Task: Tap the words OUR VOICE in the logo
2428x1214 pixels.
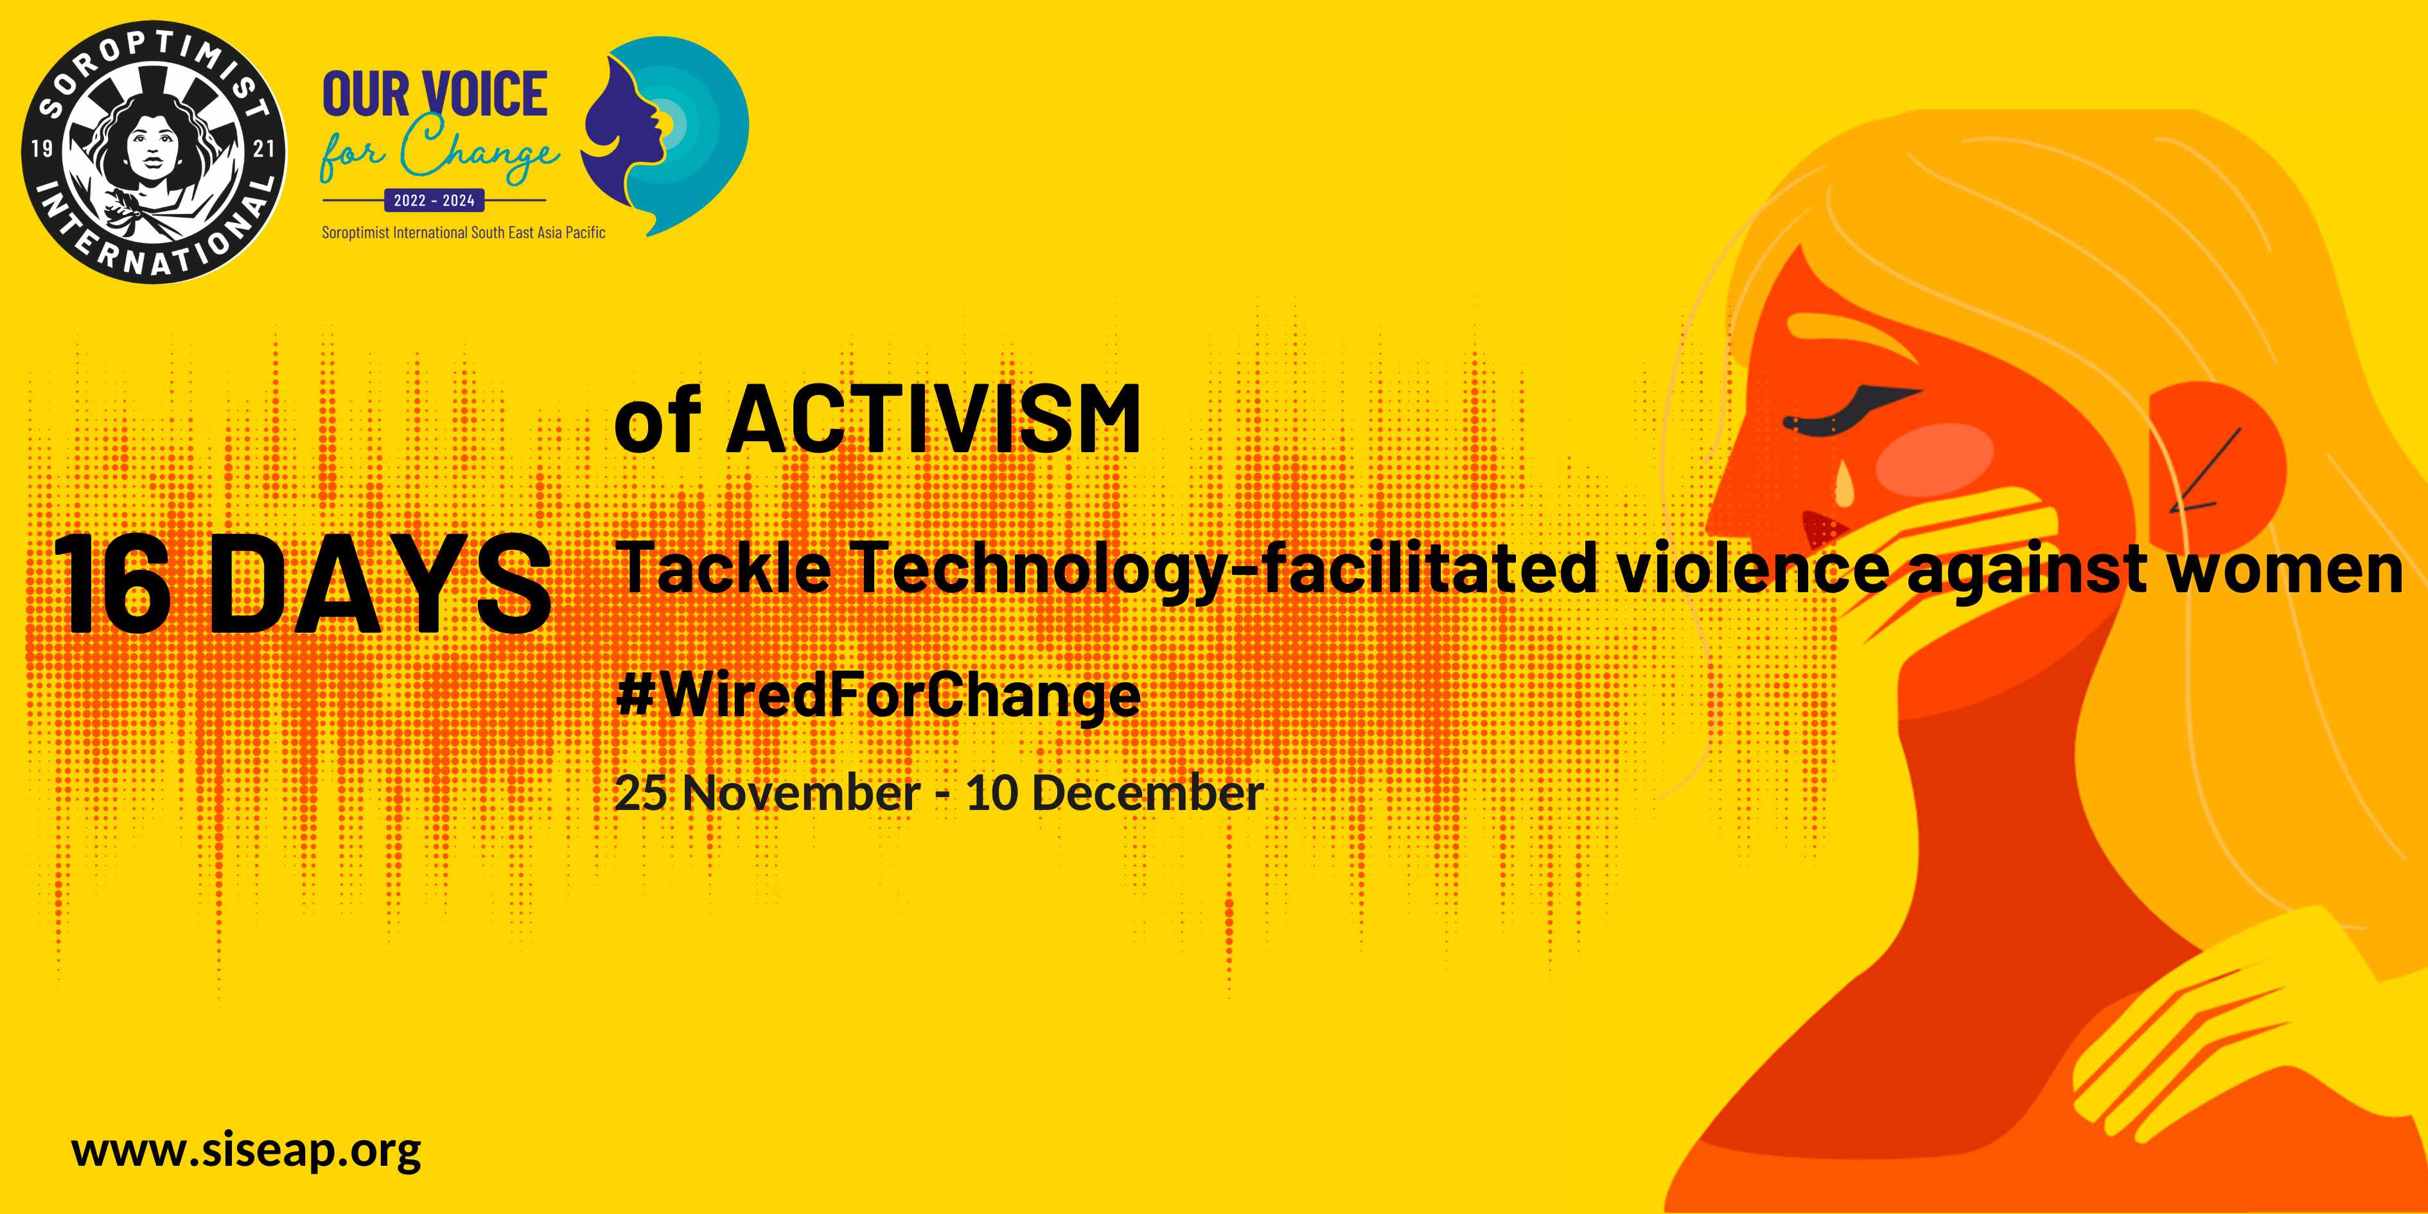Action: pyautogui.click(x=434, y=94)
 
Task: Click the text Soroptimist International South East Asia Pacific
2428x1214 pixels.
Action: pyautogui.click(x=464, y=232)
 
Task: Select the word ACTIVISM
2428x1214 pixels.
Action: pyautogui.click(x=933, y=419)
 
